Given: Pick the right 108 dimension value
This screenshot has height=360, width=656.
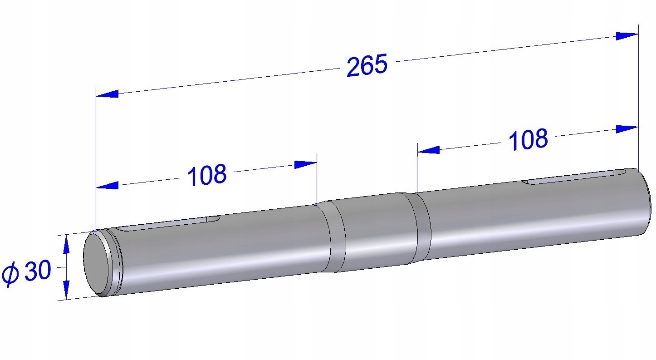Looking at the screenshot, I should click(x=528, y=140).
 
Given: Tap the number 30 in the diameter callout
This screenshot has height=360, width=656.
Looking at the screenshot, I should click(x=37, y=272).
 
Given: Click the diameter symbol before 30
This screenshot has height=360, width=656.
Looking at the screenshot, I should click(x=10, y=274).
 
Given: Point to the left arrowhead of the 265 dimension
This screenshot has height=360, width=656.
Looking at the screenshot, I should click(x=107, y=94).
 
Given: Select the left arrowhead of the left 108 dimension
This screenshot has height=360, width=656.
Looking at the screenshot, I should click(x=107, y=185).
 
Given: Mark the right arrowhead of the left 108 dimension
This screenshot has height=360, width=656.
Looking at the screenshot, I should click(x=305, y=164).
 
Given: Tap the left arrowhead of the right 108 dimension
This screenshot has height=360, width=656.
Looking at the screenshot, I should click(x=428, y=149).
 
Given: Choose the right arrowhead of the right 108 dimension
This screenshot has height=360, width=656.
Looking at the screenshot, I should click(x=627, y=129).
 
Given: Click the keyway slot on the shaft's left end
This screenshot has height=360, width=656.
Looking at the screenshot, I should click(x=168, y=224).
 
